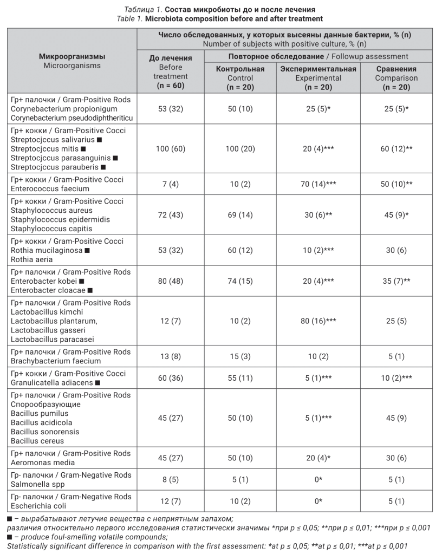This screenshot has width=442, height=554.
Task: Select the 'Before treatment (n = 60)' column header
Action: point(170,71)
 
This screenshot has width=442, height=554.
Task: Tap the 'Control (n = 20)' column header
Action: point(240,77)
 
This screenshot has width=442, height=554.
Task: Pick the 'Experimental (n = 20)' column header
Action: point(317,77)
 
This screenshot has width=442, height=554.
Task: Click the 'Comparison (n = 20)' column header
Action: point(396,77)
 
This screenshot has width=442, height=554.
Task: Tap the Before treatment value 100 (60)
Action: point(170,149)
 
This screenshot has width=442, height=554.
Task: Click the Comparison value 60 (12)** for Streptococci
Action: point(396,149)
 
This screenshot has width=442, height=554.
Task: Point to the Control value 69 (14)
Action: point(240,215)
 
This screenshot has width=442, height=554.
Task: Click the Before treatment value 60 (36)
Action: point(170,378)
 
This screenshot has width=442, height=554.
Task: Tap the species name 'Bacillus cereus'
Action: point(37,441)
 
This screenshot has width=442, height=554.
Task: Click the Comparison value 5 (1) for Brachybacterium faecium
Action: point(396,356)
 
